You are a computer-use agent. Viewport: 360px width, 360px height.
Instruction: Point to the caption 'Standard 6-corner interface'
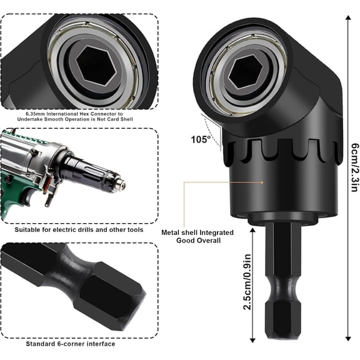[71, 344]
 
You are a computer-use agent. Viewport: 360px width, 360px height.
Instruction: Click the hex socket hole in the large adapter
[242, 74]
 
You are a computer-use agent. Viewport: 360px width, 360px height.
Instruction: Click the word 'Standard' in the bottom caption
[40, 344]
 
